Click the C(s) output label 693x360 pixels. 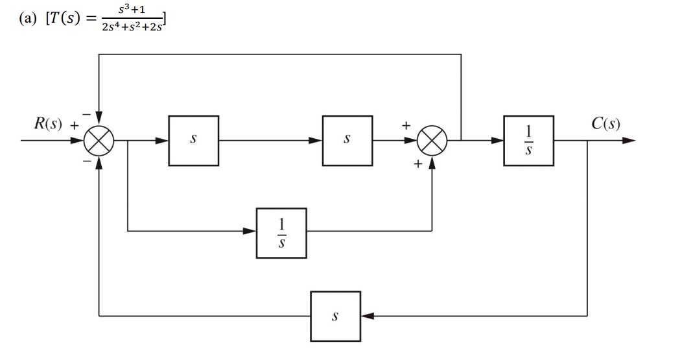[x=605, y=123]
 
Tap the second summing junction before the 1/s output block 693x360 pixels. [x=432, y=139]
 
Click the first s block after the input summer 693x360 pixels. [x=193, y=140]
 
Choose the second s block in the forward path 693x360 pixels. [x=347, y=140]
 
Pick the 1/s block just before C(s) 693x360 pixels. [x=528, y=140]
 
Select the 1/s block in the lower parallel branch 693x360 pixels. [x=281, y=232]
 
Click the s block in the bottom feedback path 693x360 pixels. [x=335, y=317]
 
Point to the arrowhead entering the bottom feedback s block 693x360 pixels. [x=367, y=317]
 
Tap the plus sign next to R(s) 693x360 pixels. [x=75, y=127]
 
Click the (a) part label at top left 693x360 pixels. [x=29, y=20]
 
